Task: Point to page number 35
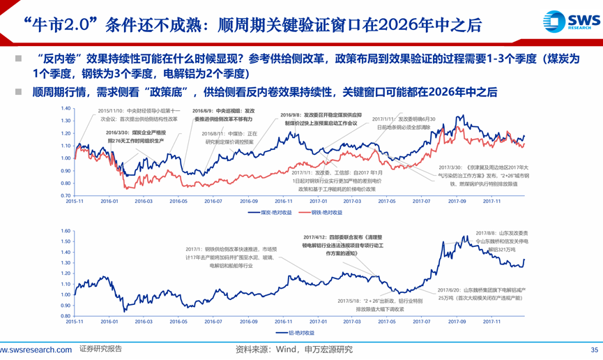[x=595, y=350]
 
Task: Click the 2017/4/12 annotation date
[x=319, y=237]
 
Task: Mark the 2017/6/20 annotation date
[x=453, y=290]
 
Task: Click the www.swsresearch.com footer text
[x=36, y=350]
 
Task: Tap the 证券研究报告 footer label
[x=101, y=350]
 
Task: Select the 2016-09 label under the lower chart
[x=249, y=322]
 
